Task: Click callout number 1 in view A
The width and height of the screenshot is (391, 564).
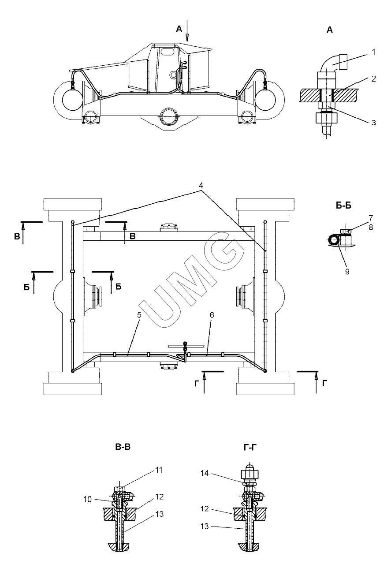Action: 374,52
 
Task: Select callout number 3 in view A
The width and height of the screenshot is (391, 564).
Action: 373,123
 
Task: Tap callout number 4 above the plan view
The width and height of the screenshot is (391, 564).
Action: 201,185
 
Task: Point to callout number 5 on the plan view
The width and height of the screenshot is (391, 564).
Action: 139,315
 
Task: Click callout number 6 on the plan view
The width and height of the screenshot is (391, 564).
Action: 212,315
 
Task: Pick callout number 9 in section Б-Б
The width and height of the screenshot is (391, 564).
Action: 347,272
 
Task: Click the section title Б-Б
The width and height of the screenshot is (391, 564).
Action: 343,205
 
